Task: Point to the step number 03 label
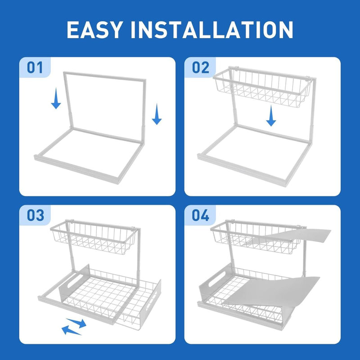tap(35, 216)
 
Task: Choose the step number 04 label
tap(201, 216)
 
